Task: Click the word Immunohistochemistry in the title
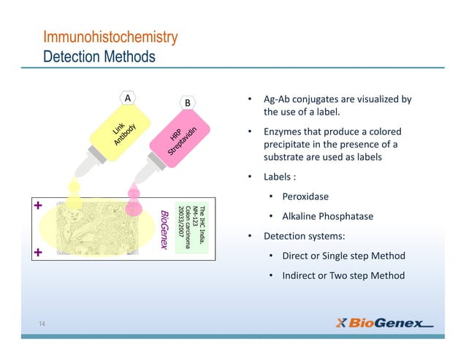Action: [110, 37]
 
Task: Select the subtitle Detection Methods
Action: [99, 55]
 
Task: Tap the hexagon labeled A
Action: [129, 98]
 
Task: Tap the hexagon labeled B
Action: [188, 103]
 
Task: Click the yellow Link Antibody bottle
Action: [117, 136]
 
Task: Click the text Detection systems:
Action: [294, 236]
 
